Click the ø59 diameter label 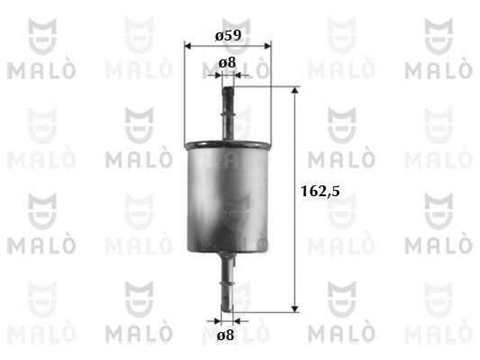228,35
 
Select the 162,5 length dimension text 321,191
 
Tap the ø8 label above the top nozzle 227,63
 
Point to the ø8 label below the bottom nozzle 225,335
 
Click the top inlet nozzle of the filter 228,113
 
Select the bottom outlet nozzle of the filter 227,282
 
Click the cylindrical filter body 228,196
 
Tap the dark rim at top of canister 228,144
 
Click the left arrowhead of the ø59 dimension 187,46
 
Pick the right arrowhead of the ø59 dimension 267,46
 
